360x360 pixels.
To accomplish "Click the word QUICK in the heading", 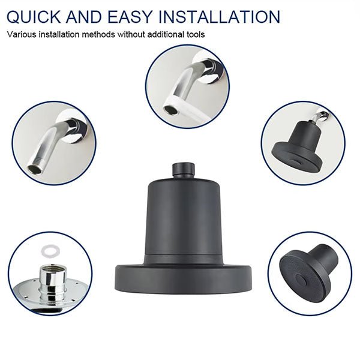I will coord(38,16).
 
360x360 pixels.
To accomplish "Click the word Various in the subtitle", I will coord(23,34).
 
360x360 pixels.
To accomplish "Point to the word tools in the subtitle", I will coord(194,34).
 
